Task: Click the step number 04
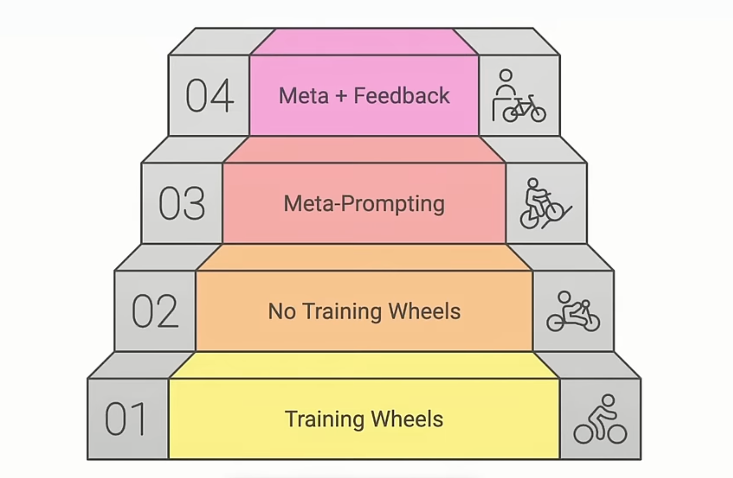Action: click(x=209, y=96)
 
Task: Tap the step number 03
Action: click(x=182, y=203)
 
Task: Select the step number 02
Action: click(x=155, y=311)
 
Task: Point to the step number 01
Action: click(x=126, y=419)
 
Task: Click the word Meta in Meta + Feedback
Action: click(x=303, y=96)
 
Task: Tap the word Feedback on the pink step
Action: click(x=401, y=96)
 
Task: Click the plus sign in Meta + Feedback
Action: click(x=341, y=96)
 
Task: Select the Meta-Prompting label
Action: click(x=364, y=204)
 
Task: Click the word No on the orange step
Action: click(x=281, y=311)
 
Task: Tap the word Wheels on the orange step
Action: click(x=424, y=311)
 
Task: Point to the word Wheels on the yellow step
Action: click(x=407, y=419)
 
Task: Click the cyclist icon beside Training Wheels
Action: click(x=600, y=419)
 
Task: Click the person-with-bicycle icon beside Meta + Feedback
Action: click(x=519, y=96)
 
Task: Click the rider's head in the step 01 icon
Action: click(x=608, y=400)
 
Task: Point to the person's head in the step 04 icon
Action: click(x=506, y=75)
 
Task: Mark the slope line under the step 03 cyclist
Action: click(x=557, y=218)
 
